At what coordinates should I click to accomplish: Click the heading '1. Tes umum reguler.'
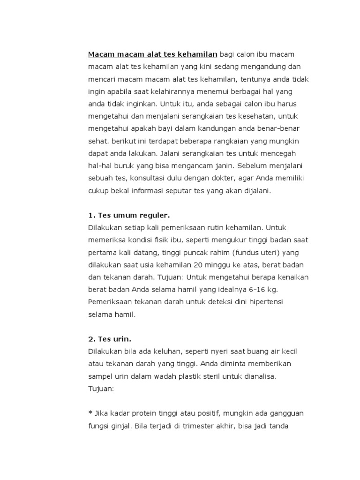128,215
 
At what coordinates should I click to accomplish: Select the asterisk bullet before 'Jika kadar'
90,412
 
